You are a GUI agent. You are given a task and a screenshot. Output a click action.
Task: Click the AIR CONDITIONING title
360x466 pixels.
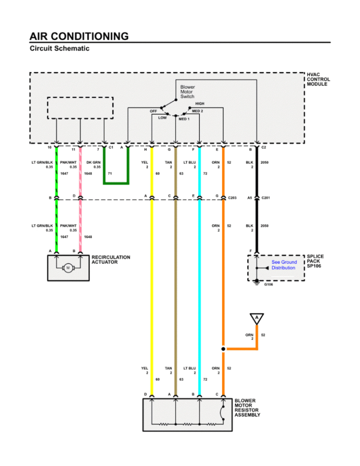(79, 36)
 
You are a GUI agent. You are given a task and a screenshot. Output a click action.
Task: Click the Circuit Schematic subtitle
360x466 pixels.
(59, 48)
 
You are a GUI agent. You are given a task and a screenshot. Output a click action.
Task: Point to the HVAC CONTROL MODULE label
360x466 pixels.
(318, 79)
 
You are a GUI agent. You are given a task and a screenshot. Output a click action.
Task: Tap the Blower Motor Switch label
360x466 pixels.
(187, 91)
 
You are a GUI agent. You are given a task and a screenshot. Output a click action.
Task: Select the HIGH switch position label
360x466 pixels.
(199, 104)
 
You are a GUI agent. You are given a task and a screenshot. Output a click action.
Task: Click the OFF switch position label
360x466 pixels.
(153, 111)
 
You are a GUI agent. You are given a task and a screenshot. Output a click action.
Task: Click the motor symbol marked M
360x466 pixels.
(68, 268)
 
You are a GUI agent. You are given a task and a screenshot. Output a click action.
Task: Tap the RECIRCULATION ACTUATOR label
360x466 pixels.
(111, 259)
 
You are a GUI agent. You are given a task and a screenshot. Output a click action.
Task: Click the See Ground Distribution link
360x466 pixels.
(284, 265)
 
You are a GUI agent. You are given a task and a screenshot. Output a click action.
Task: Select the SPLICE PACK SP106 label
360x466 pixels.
(315, 261)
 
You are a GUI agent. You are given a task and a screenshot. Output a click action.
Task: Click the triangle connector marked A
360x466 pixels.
(257, 318)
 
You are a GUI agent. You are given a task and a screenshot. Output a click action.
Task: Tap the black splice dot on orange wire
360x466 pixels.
(223, 349)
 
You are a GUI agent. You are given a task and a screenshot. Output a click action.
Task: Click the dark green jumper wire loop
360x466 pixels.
(116, 182)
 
